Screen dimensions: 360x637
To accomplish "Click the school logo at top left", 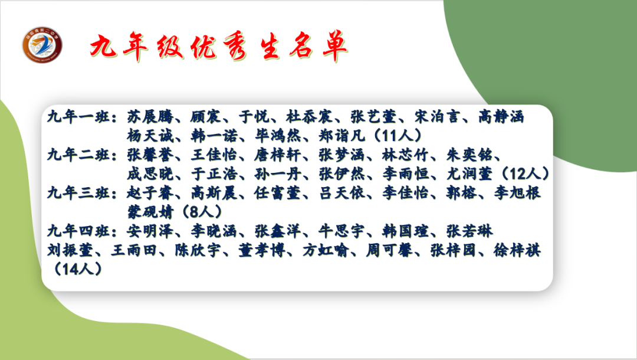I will (x=43, y=45).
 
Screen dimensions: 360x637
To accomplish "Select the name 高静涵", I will (x=501, y=117).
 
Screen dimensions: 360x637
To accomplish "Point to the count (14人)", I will (x=78, y=269).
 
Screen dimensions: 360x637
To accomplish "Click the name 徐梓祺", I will (x=518, y=250).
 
